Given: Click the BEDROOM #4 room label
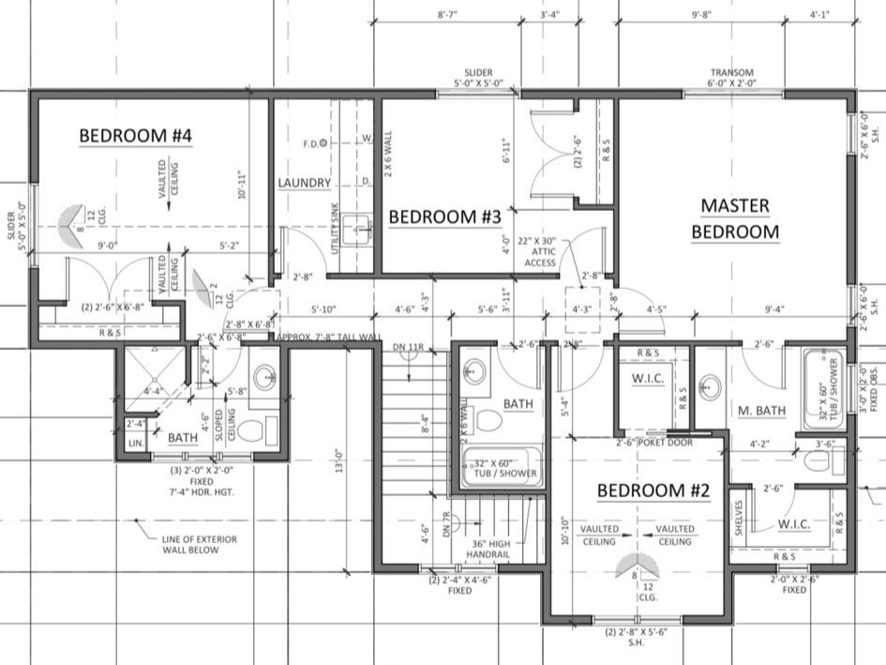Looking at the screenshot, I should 135,136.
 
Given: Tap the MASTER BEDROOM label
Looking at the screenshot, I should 735,219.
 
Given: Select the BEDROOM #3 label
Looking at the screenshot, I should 445,217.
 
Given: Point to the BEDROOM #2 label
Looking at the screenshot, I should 654,491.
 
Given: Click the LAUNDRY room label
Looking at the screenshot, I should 305,182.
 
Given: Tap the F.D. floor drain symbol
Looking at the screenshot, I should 323,144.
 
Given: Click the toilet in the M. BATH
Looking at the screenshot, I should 818,461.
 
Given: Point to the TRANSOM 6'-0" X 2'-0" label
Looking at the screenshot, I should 732,79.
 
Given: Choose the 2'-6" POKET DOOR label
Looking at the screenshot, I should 653,443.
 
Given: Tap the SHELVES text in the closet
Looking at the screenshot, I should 741,518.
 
